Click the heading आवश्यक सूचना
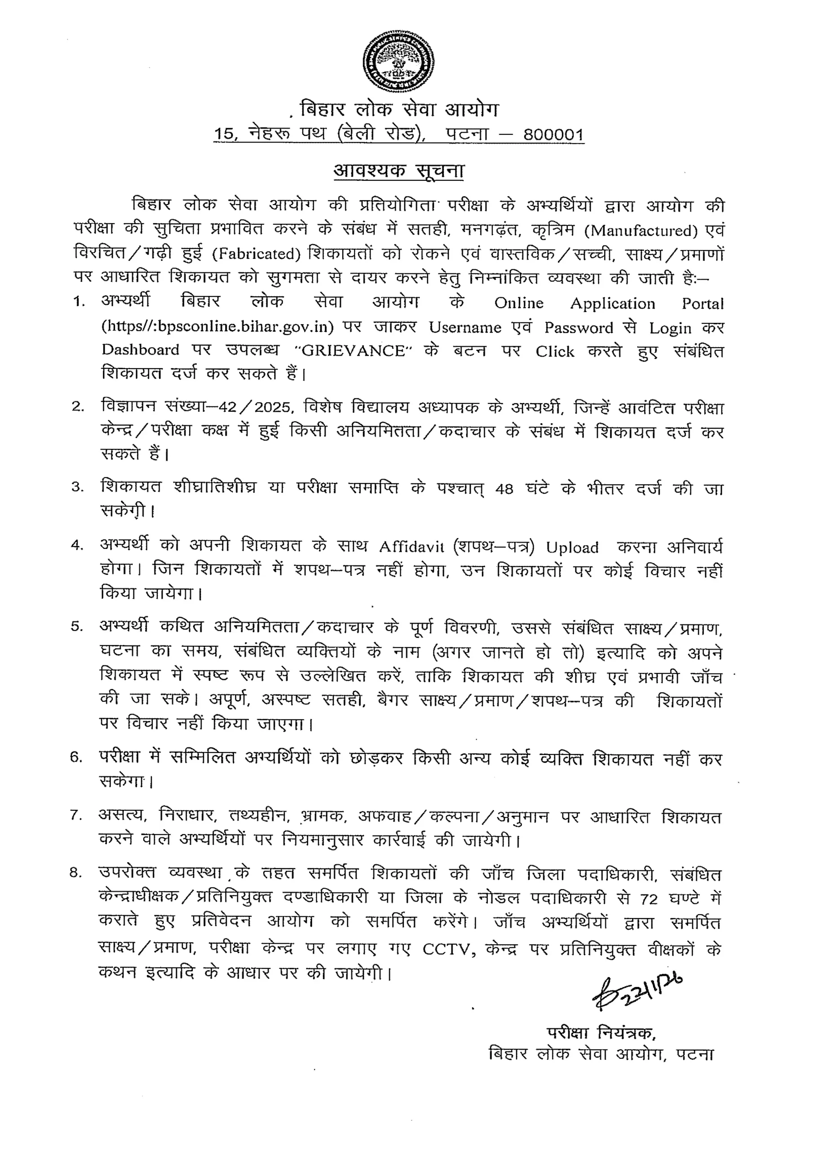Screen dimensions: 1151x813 399,171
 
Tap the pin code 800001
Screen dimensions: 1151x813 553,135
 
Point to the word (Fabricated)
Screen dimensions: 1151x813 256,254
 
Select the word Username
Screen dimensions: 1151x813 465,327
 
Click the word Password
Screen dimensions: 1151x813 579,327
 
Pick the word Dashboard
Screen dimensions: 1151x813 140,350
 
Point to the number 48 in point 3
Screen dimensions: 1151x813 504,489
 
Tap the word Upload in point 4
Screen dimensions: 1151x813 572,548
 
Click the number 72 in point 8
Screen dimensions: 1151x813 649,899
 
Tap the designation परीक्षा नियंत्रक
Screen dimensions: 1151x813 601,1034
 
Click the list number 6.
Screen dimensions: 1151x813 76,758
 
